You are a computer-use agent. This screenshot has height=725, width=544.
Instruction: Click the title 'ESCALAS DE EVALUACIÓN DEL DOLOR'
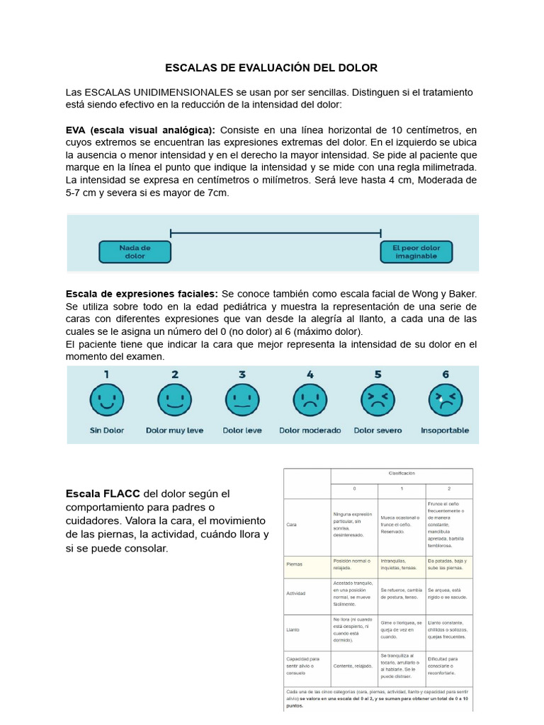click(x=271, y=68)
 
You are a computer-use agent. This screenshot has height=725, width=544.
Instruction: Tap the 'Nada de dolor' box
click(x=135, y=252)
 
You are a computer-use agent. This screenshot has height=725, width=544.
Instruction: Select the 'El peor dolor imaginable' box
click(x=416, y=252)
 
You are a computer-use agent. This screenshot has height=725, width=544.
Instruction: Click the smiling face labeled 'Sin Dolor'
click(x=107, y=401)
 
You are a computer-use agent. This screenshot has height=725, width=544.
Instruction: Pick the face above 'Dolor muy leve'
click(x=174, y=401)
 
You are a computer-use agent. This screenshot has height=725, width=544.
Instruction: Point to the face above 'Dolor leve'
click(x=242, y=401)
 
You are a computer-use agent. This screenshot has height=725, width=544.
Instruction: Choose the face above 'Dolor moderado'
click(x=310, y=401)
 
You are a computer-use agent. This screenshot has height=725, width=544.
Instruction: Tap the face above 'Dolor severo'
click(x=378, y=401)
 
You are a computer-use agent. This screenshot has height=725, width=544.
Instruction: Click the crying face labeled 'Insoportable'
click(x=445, y=401)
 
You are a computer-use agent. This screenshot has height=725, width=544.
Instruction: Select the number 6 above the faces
click(x=445, y=375)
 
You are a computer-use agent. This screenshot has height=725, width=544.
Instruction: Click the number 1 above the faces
click(x=107, y=375)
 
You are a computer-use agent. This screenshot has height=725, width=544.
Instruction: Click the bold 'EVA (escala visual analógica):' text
click(x=140, y=130)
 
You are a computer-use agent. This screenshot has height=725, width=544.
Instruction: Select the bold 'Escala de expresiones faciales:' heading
click(x=142, y=293)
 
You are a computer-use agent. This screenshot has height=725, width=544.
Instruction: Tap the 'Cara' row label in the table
click(x=292, y=526)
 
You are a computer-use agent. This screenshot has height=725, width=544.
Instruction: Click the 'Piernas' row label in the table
click(x=295, y=565)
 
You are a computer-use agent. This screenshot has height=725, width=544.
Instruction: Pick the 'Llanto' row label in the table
click(x=293, y=629)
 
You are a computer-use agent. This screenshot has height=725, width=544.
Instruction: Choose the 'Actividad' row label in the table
click(x=296, y=593)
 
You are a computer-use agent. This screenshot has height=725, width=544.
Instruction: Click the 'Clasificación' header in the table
click(x=401, y=473)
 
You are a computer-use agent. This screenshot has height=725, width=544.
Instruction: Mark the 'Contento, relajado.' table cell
click(x=353, y=666)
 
